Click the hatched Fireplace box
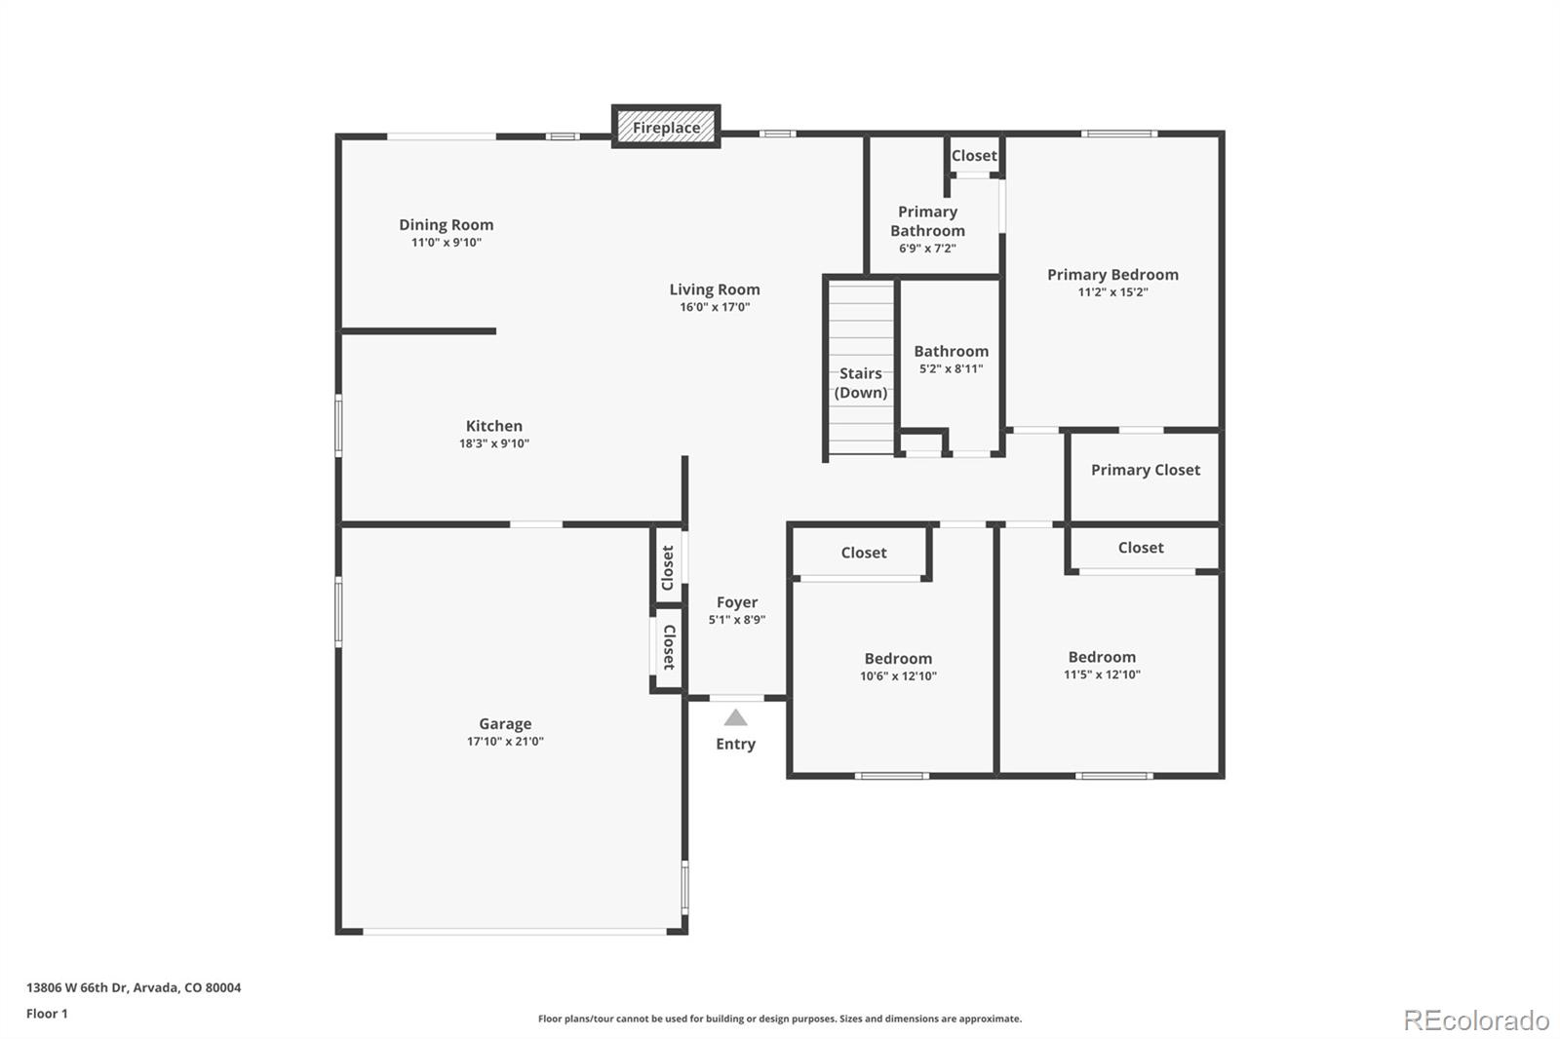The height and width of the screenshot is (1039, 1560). click(666, 127)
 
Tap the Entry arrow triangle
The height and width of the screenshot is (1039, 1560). click(735, 718)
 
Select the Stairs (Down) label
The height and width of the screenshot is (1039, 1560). click(861, 383)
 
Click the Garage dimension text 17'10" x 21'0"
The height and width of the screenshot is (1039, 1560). click(505, 742)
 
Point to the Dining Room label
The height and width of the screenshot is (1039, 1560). click(446, 224)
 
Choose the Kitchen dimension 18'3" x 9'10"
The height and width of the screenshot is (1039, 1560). click(494, 443)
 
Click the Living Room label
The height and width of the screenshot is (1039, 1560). click(715, 289)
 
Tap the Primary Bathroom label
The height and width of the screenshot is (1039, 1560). click(927, 221)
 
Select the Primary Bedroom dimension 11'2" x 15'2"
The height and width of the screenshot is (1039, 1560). click(1112, 292)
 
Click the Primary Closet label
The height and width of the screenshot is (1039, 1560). click(1146, 470)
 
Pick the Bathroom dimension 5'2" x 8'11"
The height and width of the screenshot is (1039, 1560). click(951, 369)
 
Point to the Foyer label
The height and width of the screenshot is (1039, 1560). click(737, 602)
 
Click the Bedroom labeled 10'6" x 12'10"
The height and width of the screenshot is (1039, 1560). click(898, 659)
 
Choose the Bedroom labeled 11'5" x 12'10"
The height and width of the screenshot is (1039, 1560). click(1102, 657)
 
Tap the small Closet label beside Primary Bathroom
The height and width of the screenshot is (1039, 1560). click(974, 156)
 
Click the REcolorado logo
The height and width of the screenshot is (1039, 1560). click(1476, 1020)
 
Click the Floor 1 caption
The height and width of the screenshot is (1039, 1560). click(47, 1014)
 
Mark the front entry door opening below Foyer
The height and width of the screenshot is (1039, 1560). click(736, 698)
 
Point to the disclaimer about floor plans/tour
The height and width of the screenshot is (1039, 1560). click(780, 1019)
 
